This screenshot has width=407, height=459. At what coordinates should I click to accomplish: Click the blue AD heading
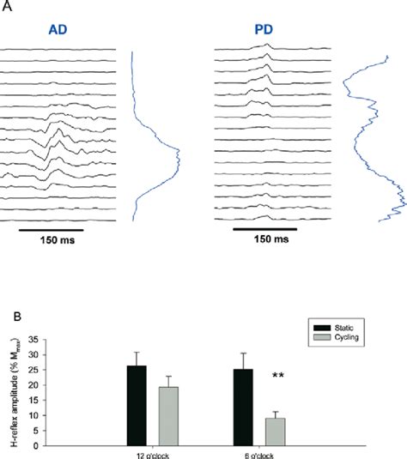tap(58, 30)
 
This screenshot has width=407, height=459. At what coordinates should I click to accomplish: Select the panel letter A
tap(7, 7)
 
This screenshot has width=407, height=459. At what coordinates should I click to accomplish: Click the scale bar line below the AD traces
tap(50, 230)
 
